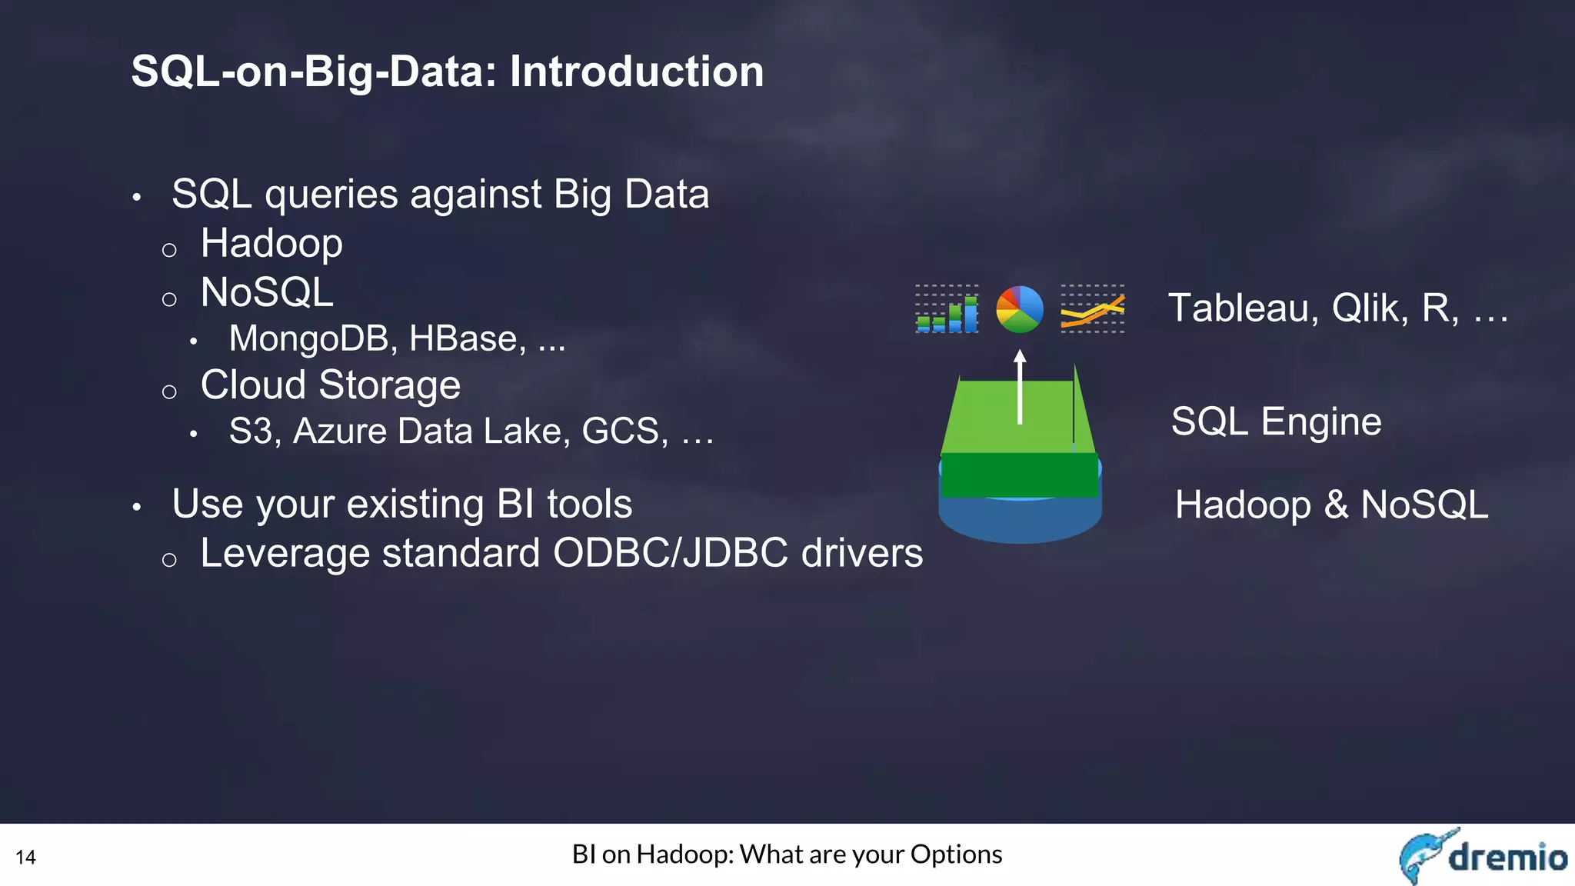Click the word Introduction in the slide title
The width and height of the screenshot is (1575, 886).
(x=637, y=72)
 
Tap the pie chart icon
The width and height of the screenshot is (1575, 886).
(x=1020, y=309)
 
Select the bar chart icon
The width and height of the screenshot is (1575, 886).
(x=947, y=309)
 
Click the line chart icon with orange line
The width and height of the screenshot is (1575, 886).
(x=1092, y=309)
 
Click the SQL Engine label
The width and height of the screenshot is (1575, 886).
(x=1276, y=422)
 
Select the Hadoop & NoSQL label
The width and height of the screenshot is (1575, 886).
(x=1331, y=505)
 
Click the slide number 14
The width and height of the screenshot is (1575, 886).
(x=25, y=858)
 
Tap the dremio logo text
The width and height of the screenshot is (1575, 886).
(x=1507, y=857)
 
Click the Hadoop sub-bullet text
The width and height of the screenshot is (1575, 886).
(x=271, y=245)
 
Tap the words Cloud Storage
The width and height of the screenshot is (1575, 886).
(x=331, y=385)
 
